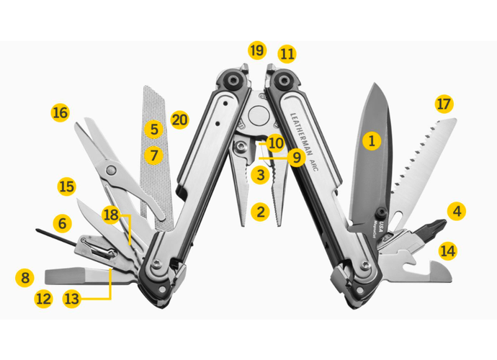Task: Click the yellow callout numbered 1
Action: (x=372, y=140)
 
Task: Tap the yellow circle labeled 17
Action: (x=444, y=104)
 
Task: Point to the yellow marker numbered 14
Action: (x=448, y=251)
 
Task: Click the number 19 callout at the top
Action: (x=256, y=50)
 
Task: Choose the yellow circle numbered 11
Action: (x=287, y=53)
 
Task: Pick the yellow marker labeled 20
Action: (x=179, y=120)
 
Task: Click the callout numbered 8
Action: (x=25, y=276)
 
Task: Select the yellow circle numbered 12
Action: (x=44, y=297)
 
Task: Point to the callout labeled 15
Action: (x=66, y=186)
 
